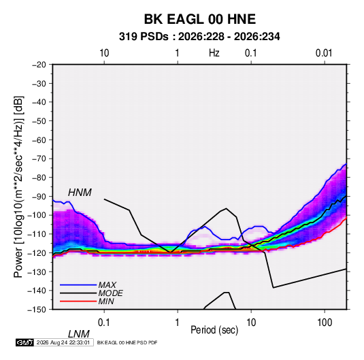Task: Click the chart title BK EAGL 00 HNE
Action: [200, 19]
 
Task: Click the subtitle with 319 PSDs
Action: [199, 37]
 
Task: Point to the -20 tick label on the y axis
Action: [39, 65]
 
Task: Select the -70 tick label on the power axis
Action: [39, 159]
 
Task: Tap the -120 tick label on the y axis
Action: [37, 252]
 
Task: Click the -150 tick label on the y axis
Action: [37, 310]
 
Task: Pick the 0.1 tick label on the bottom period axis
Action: [104, 323]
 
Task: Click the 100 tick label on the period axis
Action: [325, 323]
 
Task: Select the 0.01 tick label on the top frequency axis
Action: [324, 53]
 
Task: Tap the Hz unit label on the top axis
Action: [214, 53]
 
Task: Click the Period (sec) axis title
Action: [214, 330]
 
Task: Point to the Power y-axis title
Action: [18, 187]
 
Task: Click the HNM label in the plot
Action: [80, 193]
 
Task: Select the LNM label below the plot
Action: [79, 334]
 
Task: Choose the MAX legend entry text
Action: [107, 284]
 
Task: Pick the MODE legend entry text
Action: [110, 293]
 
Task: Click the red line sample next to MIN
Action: [78, 301]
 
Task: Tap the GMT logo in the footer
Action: [24, 342]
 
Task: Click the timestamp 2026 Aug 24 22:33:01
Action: [63, 342]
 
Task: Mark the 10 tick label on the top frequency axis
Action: [104, 53]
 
